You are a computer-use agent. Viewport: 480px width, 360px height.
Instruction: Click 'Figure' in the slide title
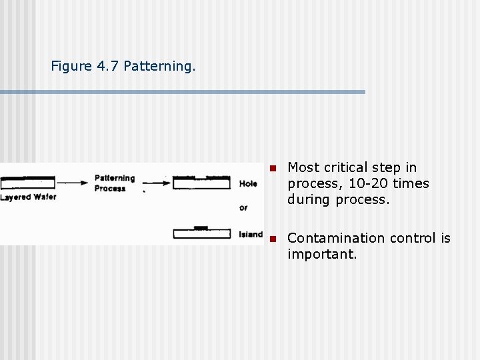tap(71, 67)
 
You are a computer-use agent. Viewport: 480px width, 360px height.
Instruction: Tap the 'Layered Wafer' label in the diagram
tap(29, 197)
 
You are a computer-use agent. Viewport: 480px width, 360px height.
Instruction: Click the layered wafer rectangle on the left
tap(28, 182)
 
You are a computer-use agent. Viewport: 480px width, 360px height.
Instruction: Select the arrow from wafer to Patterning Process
tap(74, 182)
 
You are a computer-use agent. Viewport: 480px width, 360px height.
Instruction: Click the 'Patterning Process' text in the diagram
tap(114, 183)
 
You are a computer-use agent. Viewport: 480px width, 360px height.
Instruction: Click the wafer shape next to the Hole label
tap(201, 183)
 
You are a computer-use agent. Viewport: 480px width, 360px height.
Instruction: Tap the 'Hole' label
tap(248, 183)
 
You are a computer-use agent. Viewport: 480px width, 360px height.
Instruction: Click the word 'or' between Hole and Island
tap(243, 208)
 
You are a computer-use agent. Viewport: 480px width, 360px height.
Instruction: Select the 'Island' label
tap(250, 234)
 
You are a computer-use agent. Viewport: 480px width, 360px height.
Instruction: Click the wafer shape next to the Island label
tap(201, 233)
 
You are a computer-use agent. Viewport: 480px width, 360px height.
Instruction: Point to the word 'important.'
tap(322, 254)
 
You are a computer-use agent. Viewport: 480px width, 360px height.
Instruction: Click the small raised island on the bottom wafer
tap(200, 228)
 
